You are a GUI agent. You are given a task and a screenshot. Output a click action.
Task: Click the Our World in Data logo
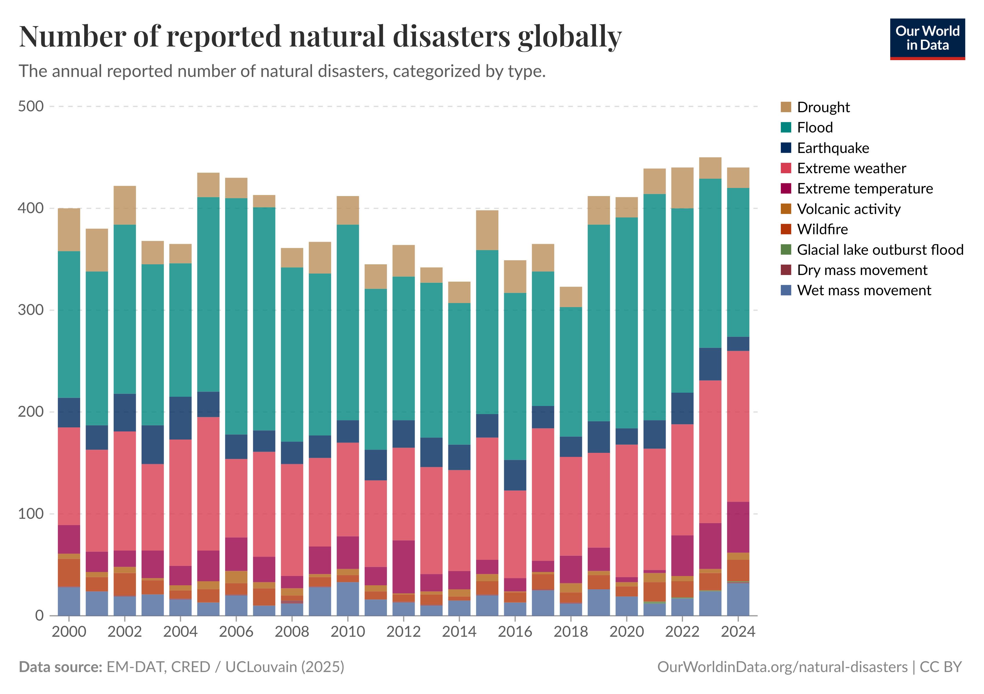(x=927, y=38)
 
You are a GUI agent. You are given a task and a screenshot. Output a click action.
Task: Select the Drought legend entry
(x=823, y=107)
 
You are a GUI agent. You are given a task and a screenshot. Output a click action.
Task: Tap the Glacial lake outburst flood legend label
(x=880, y=250)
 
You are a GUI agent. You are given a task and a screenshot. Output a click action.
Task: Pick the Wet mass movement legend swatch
(x=785, y=290)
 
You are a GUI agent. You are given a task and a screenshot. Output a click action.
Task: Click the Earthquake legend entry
(x=832, y=148)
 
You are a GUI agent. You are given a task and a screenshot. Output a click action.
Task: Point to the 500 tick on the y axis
(x=31, y=106)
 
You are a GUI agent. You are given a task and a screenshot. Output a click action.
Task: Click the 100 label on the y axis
(x=31, y=513)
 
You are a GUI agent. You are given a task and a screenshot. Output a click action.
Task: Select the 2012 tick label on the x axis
(x=403, y=632)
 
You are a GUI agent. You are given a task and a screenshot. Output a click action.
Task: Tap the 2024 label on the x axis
(x=738, y=632)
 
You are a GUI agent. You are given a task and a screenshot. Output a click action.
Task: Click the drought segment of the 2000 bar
(x=69, y=230)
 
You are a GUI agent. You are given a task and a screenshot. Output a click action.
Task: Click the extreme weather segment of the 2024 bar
(x=738, y=426)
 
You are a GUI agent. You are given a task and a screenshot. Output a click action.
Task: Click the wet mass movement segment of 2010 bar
(x=348, y=599)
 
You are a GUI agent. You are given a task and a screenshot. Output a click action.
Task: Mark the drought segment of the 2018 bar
(x=570, y=297)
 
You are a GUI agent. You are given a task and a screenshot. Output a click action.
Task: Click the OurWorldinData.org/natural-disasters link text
(x=782, y=667)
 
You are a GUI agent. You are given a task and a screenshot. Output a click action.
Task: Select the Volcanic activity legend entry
(x=848, y=209)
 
